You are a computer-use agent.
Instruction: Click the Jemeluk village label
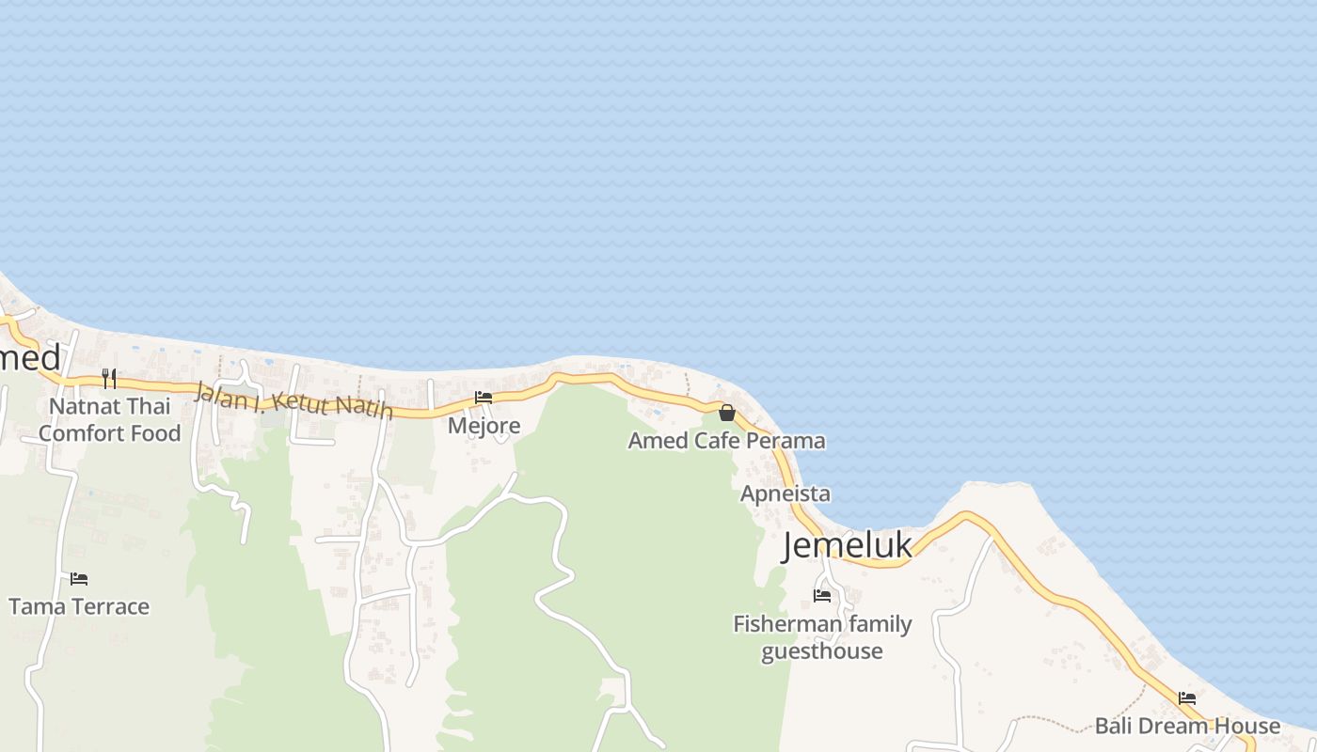coord(847,545)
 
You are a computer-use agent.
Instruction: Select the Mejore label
coord(484,426)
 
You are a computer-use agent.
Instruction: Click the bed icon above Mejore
coord(484,398)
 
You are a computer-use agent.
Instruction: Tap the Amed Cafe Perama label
coord(726,440)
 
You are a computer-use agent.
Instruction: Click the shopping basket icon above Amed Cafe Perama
coord(726,413)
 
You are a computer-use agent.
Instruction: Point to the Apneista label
coord(785,493)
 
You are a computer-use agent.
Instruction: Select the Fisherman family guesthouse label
coord(822,637)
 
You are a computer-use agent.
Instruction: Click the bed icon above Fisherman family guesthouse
coord(822,595)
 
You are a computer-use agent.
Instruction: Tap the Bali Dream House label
coord(1187,726)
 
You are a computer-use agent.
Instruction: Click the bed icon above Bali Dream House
coord(1187,698)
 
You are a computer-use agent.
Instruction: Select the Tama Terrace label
coord(79,606)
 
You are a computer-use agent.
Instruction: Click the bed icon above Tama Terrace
coord(79,578)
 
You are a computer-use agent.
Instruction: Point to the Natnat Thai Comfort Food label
coord(110,420)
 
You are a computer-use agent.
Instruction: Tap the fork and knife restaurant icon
coord(109,378)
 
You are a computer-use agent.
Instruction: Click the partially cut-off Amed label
coord(29,358)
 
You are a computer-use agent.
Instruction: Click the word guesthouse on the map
coord(822,650)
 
